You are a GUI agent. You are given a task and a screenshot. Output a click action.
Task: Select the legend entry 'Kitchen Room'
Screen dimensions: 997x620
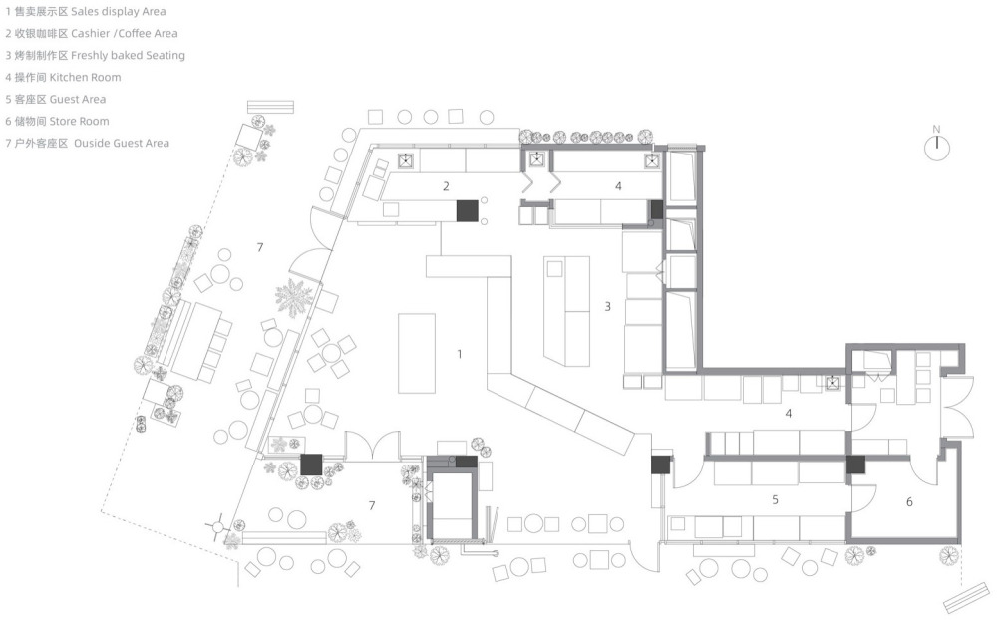click(85, 77)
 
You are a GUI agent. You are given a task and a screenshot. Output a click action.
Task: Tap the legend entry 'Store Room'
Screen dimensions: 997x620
click(80, 121)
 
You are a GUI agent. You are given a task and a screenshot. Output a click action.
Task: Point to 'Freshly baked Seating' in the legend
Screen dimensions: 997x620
click(128, 56)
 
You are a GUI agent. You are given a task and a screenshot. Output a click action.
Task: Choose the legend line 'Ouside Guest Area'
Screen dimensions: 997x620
click(122, 144)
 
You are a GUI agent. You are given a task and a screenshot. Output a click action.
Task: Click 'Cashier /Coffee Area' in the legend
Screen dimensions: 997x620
click(124, 33)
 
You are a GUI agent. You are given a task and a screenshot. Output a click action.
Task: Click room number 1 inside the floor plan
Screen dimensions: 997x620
click(459, 354)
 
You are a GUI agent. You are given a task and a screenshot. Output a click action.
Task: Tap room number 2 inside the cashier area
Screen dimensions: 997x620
click(446, 186)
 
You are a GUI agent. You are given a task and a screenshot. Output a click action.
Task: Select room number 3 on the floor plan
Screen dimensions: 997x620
click(607, 306)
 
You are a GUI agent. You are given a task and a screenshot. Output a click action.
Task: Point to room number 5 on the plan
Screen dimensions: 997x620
click(775, 500)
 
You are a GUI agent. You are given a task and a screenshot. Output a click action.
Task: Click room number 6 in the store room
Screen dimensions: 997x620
click(909, 502)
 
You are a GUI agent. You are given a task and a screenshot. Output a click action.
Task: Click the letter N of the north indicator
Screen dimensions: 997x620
click(936, 130)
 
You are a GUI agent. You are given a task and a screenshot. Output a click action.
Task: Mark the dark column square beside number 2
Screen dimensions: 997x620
click(468, 211)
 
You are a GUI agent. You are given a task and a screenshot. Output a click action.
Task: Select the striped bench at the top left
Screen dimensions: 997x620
click(271, 107)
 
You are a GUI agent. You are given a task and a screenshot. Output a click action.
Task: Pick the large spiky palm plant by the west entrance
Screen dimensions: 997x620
click(294, 298)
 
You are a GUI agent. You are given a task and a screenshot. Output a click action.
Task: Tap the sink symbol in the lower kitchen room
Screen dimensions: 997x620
click(832, 383)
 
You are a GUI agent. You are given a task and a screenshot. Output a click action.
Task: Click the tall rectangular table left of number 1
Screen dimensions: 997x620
click(417, 354)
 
